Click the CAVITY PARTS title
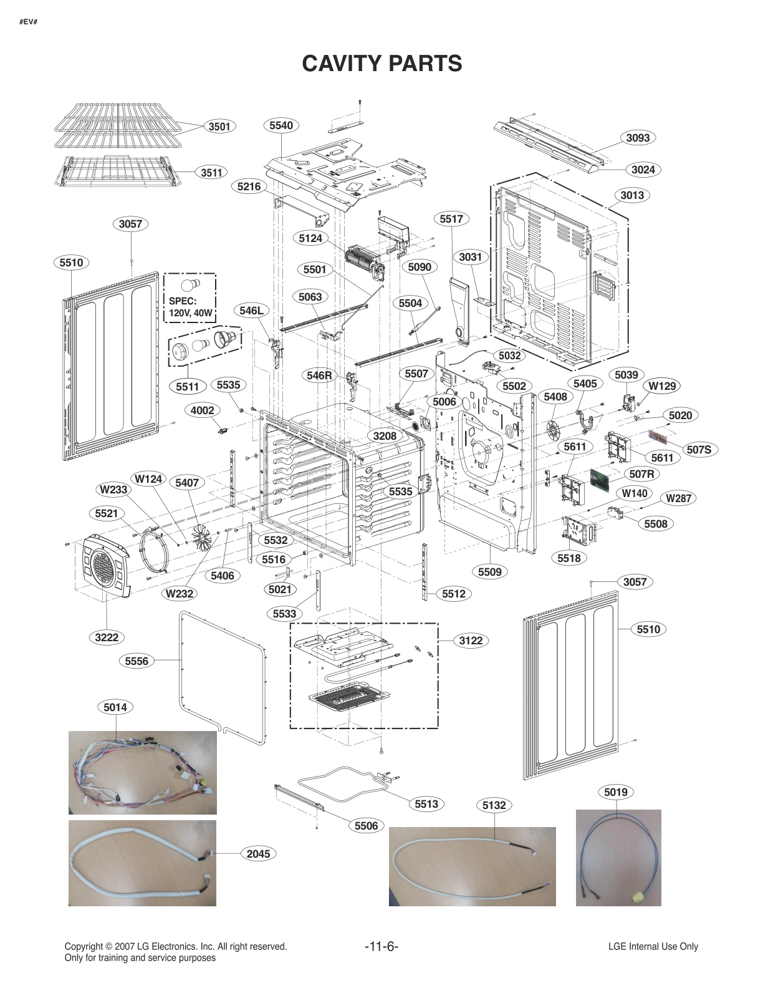point(381,63)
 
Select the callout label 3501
point(219,127)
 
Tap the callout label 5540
point(281,125)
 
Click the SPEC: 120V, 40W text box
point(190,298)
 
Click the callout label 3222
point(107,637)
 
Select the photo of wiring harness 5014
point(142,772)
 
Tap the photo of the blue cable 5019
point(618,857)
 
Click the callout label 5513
point(426,804)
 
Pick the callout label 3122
point(471,641)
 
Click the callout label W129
point(662,386)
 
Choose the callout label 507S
point(699,449)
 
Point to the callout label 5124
point(310,238)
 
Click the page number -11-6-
point(381,946)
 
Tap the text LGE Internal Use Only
point(653,946)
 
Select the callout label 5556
point(137,661)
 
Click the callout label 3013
point(631,195)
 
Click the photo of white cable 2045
point(142,863)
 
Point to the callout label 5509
point(490,571)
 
